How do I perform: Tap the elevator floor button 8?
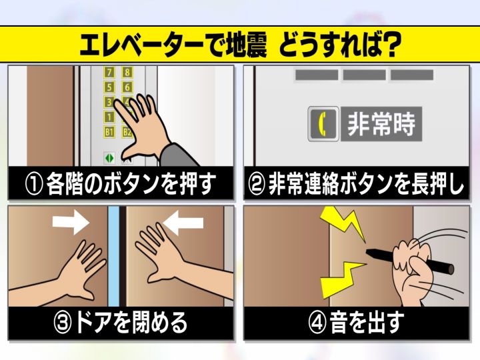(x=127, y=72)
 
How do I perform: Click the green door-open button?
(x=109, y=158)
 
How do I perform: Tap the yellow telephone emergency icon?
(x=323, y=123)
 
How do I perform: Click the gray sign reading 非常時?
(x=381, y=123)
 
